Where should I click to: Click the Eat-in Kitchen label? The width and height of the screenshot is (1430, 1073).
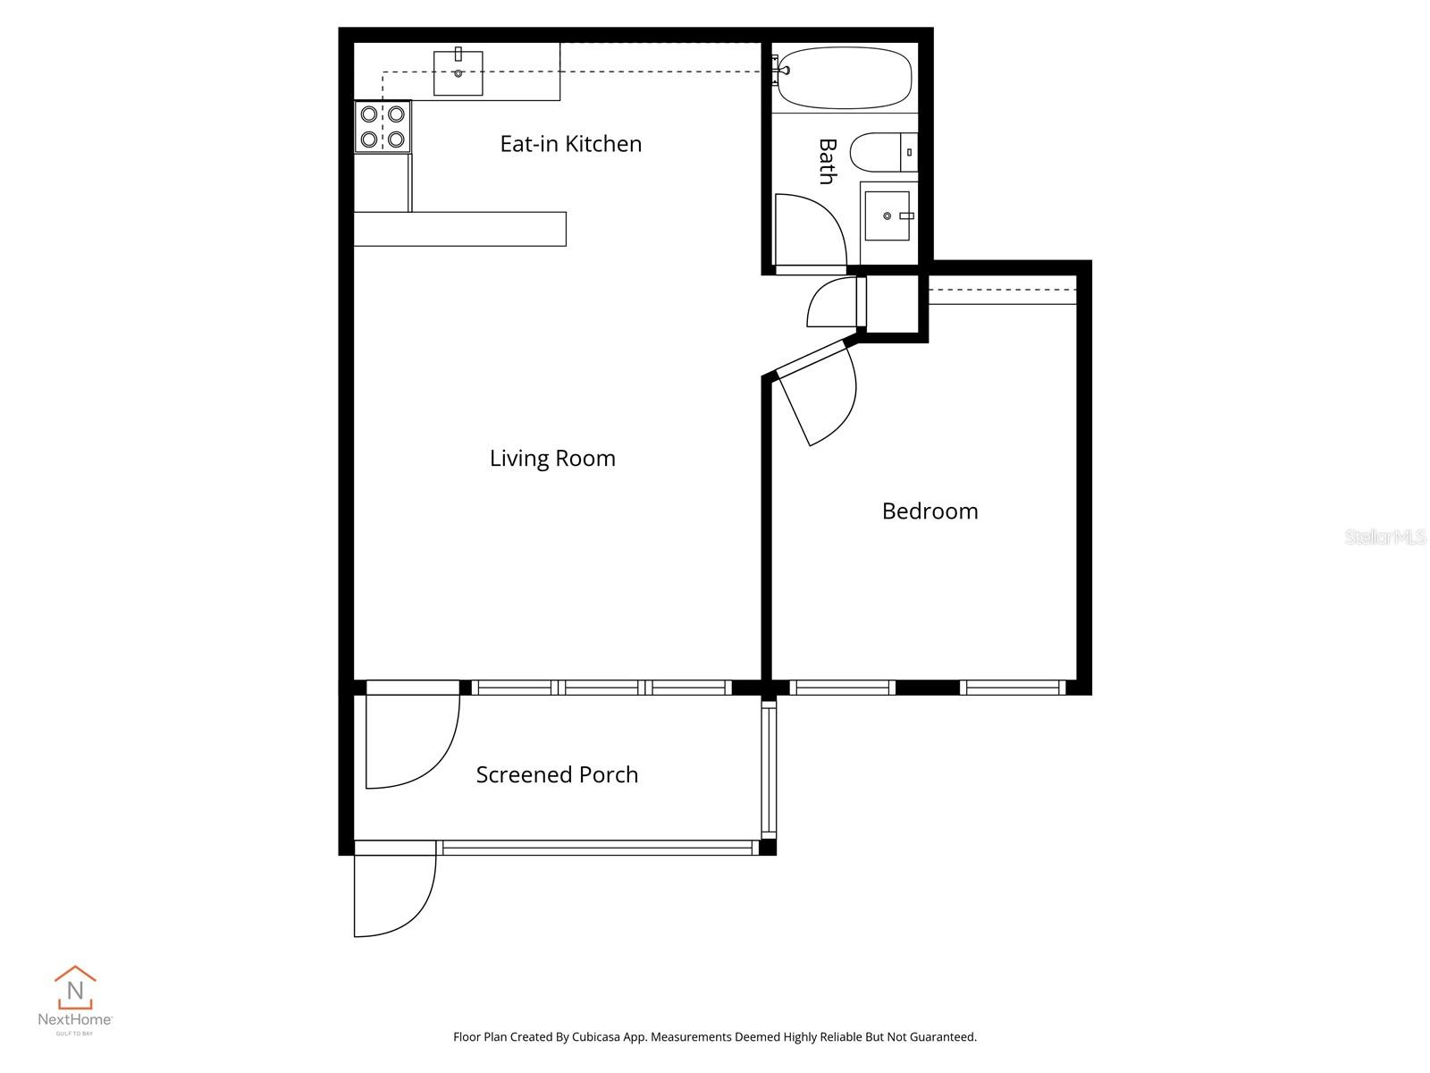click(570, 144)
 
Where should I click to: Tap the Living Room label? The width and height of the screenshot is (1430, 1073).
click(552, 459)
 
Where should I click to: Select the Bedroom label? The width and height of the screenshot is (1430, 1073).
click(929, 511)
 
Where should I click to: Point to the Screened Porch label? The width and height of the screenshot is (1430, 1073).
click(557, 775)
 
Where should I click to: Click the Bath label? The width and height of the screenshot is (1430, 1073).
click(828, 161)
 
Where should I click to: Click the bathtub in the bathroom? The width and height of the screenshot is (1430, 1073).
click(845, 78)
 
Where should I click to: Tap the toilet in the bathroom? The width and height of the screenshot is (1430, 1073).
click(881, 152)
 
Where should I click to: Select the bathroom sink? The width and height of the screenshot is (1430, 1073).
click(887, 215)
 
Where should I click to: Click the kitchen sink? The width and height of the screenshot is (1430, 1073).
click(458, 72)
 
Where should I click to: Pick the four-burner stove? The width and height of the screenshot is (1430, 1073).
click(383, 127)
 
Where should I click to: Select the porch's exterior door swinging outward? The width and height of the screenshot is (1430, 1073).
click(393, 894)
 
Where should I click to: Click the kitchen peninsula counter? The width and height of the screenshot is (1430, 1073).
click(459, 229)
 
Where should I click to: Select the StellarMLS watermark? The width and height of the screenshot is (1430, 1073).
click(1384, 536)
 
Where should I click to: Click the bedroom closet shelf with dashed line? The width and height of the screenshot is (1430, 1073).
click(1002, 291)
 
